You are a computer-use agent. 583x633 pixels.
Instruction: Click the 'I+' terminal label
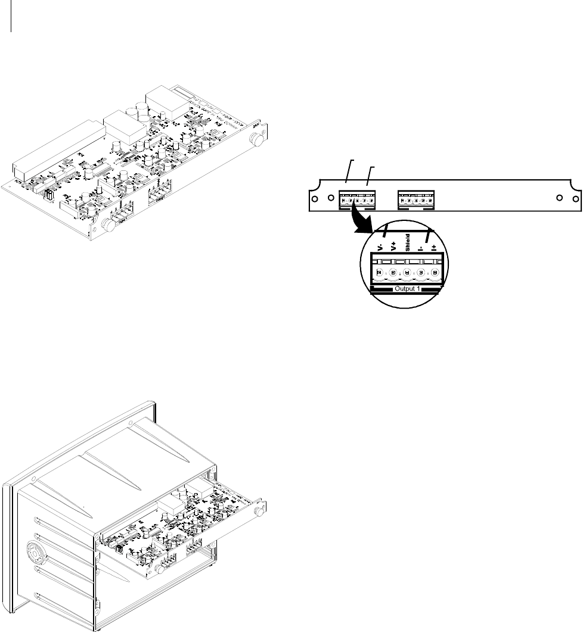[434, 245]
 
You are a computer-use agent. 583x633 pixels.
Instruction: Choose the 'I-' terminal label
[421, 245]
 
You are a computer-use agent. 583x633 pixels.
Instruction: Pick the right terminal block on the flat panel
[416, 199]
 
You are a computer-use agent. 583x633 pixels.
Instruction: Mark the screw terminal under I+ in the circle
[435, 273]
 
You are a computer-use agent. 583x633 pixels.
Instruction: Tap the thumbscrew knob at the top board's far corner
[258, 141]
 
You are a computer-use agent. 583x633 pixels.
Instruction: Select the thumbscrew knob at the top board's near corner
[108, 225]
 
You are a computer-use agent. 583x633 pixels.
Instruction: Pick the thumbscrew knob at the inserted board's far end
[258, 512]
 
